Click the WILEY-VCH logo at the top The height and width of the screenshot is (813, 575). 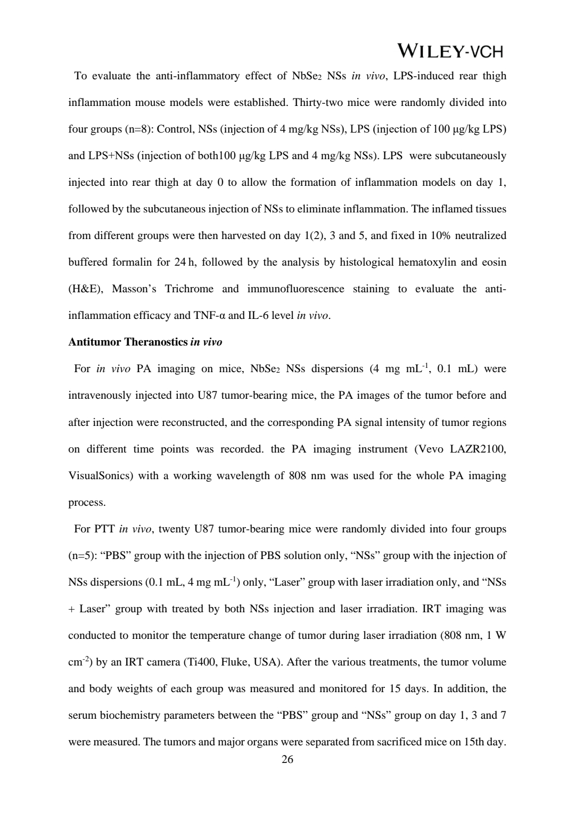coord(450,51)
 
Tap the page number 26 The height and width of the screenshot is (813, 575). coord(287,759)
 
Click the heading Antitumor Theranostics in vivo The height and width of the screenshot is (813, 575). coord(145,342)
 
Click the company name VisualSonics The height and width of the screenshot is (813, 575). coord(100,475)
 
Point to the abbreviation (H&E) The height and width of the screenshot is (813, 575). coord(86,289)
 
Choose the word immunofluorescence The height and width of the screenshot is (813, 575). coord(295,289)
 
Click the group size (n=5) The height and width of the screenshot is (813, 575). coord(83,555)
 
